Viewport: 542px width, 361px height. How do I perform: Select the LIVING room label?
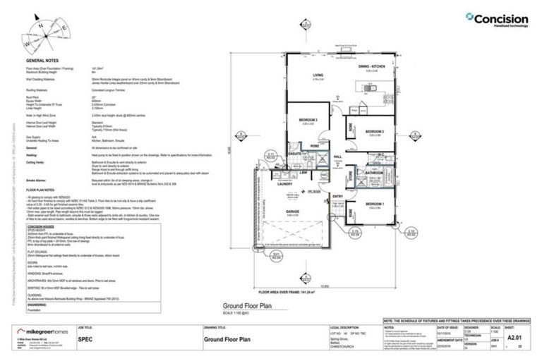point(319,76)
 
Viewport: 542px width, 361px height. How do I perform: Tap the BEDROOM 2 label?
point(374,131)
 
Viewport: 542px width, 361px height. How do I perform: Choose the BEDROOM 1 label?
point(375,204)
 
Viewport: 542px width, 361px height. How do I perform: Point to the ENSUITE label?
point(295,153)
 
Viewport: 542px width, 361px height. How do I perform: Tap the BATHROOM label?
point(373,172)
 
